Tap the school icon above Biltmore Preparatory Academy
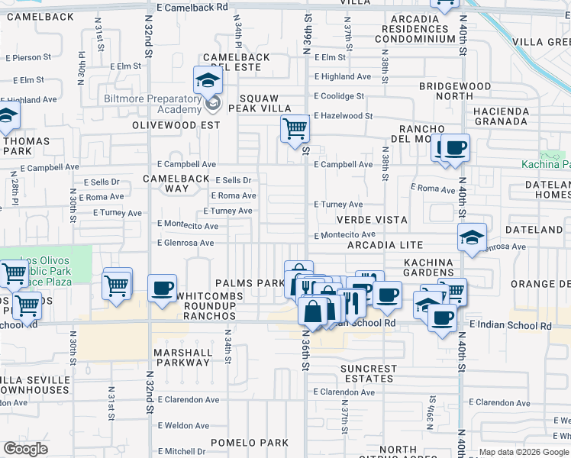pos(207,80)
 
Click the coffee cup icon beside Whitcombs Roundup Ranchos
pos(163,289)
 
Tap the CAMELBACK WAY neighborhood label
pos(166,183)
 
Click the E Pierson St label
pos(28,57)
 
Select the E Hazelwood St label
pos(343,116)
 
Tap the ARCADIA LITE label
pos(385,245)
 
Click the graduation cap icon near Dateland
pos(472,237)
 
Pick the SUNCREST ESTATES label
pos(369,373)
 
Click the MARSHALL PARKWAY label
pos(182,357)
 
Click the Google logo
pos(25,449)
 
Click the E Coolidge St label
pos(339,96)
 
